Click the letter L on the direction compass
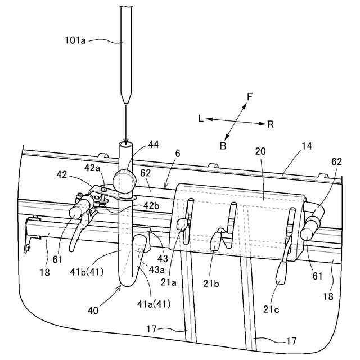tap(201, 119)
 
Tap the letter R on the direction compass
tap(271, 124)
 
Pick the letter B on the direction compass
tap(223, 145)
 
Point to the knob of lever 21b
tap(216, 242)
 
